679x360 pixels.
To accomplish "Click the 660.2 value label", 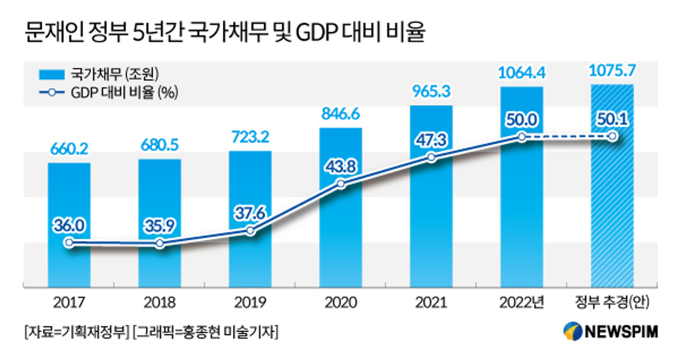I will pyautogui.click(x=69, y=149).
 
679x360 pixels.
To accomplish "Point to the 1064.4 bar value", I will pyautogui.click(x=521, y=73).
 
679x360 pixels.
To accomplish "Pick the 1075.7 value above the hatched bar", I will pyautogui.click(x=612, y=71).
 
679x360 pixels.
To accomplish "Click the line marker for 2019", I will pyautogui.click(x=250, y=231).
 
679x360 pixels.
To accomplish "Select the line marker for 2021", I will pyautogui.click(x=431, y=157).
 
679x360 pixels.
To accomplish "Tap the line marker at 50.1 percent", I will pyautogui.click(x=612, y=137).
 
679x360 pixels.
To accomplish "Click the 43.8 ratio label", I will pyautogui.click(x=341, y=167).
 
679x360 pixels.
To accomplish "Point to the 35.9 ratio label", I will pyautogui.click(x=160, y=226).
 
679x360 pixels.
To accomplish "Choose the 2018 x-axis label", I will pyautogui.click(x=160, y=303).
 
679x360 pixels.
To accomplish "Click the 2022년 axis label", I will pyautogui.click(x=521, y=303).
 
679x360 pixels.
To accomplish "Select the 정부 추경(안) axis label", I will pyautogui.click(x=612, y=302).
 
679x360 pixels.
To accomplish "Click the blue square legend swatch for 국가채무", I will pyautogui.click(x=52, y=74).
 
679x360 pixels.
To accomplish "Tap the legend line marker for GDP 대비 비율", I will pyautogui.click(x=52, y=92).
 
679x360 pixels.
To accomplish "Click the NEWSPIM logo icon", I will pyautogui.click(x=573, y=331).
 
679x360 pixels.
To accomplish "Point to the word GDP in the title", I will pyautogui.click(x=316, y=33).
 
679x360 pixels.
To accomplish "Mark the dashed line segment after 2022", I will pyautogui.click(x=567, y=137).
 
